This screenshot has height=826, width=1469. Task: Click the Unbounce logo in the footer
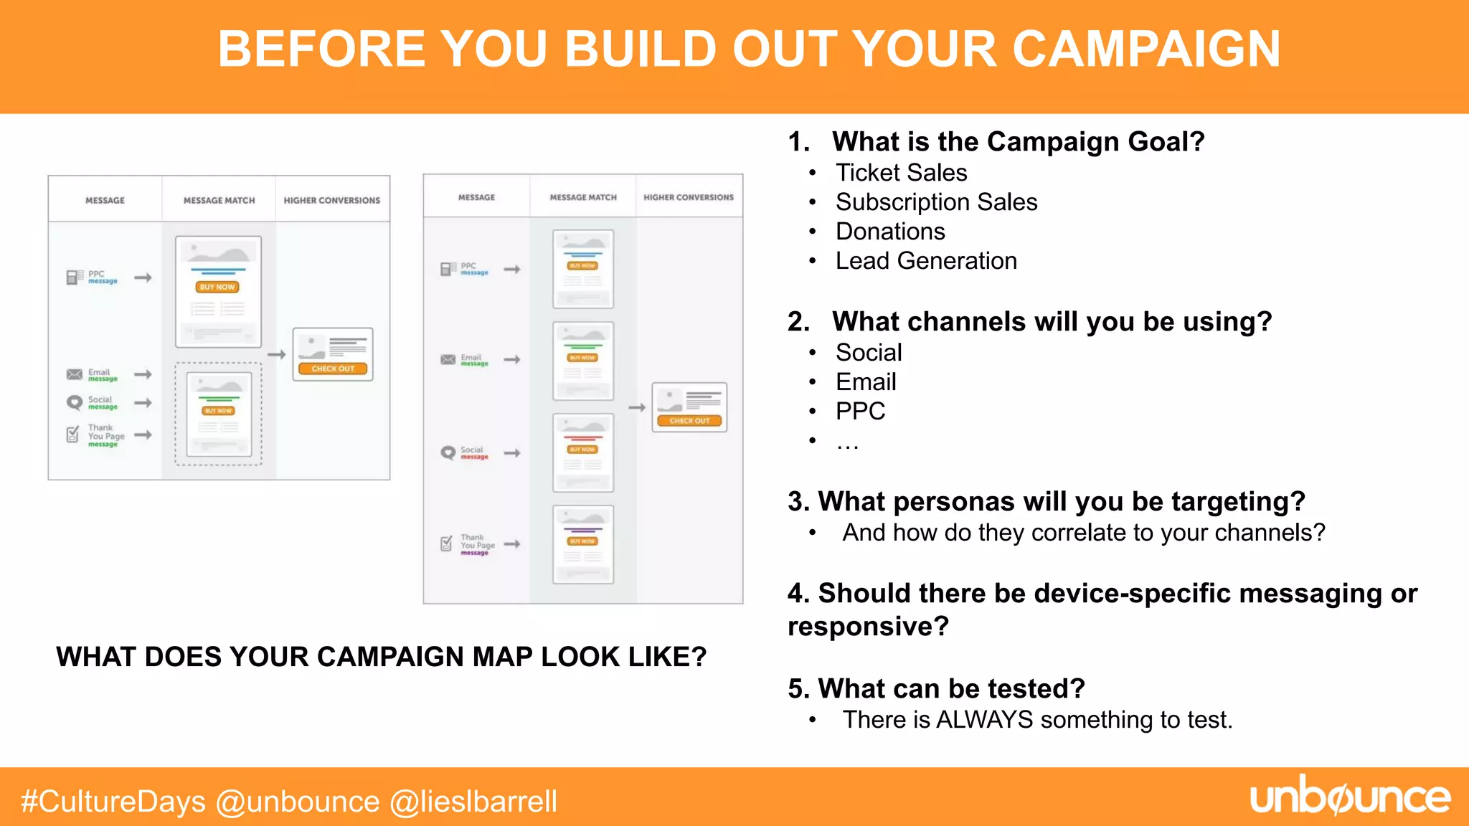(1350, 797)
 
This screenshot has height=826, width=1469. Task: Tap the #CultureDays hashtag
(113, 802)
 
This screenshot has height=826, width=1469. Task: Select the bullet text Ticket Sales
(901, 173)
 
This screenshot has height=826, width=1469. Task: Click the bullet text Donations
(890, 232)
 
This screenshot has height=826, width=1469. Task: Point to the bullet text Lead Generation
(926, 261)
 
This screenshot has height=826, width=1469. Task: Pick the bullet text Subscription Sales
(936, 202)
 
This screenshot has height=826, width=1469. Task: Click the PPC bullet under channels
(860, 412)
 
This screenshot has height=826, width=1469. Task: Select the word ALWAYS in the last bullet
(984, 720)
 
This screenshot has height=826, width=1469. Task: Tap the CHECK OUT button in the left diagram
(333, 369)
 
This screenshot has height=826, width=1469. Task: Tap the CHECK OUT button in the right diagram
(689, 421)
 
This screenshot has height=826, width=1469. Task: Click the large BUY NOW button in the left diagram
(217, 287)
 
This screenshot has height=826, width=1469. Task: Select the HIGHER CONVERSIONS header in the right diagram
(689, 197)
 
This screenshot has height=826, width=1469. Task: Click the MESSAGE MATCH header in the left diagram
(219, 201)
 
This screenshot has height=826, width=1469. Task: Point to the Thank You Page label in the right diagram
(477, 541)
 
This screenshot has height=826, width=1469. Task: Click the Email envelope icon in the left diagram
(74, 374)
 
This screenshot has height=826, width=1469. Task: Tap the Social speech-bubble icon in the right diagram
(448, 453)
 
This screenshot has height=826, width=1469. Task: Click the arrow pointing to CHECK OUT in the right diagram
(637, 407)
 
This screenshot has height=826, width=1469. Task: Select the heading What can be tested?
(936, 688)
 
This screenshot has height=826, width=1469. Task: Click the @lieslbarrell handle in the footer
(473, 802)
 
